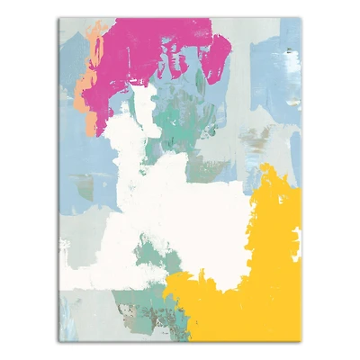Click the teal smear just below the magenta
tap(180, 112)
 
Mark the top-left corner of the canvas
tap(58, 19)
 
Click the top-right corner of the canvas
tap(302, 19)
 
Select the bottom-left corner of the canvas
tap(58, 341)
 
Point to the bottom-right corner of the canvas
tap(302, 341)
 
